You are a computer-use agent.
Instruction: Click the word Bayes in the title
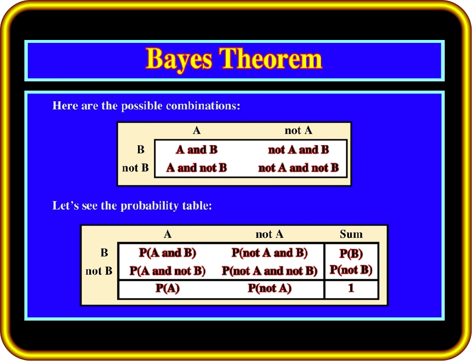179,59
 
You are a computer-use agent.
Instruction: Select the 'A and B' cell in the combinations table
197,150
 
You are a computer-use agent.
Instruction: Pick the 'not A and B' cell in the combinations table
298,150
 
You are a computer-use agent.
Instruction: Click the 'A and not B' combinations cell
197,168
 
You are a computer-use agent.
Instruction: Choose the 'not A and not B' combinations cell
298,168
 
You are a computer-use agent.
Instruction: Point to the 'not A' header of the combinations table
298,130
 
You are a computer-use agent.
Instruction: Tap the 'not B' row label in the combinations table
135,168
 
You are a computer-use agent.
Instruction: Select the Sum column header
351,234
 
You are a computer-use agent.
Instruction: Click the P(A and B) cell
167,253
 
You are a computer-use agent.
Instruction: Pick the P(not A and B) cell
270,253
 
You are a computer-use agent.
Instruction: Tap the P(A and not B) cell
167,271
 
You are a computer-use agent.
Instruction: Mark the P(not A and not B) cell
270,271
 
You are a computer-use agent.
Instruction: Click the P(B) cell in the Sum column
351,253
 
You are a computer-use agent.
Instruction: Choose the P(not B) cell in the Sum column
351,269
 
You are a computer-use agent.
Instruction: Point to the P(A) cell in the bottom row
167,288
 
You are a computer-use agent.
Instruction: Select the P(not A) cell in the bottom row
270,288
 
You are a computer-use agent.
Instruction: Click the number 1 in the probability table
351,288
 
